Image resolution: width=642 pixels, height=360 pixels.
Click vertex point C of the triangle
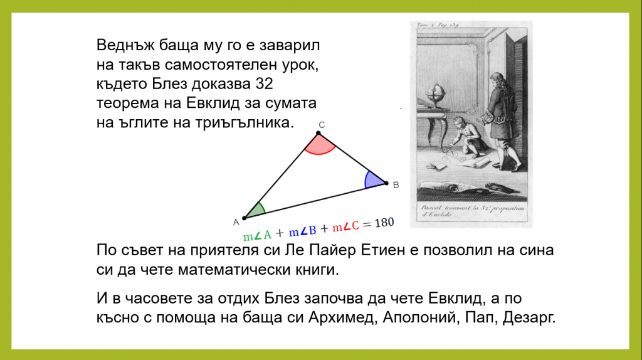click(318, 133)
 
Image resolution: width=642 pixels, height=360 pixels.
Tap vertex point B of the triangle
click(386, 183)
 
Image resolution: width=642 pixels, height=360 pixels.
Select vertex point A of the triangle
click(245, 217)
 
